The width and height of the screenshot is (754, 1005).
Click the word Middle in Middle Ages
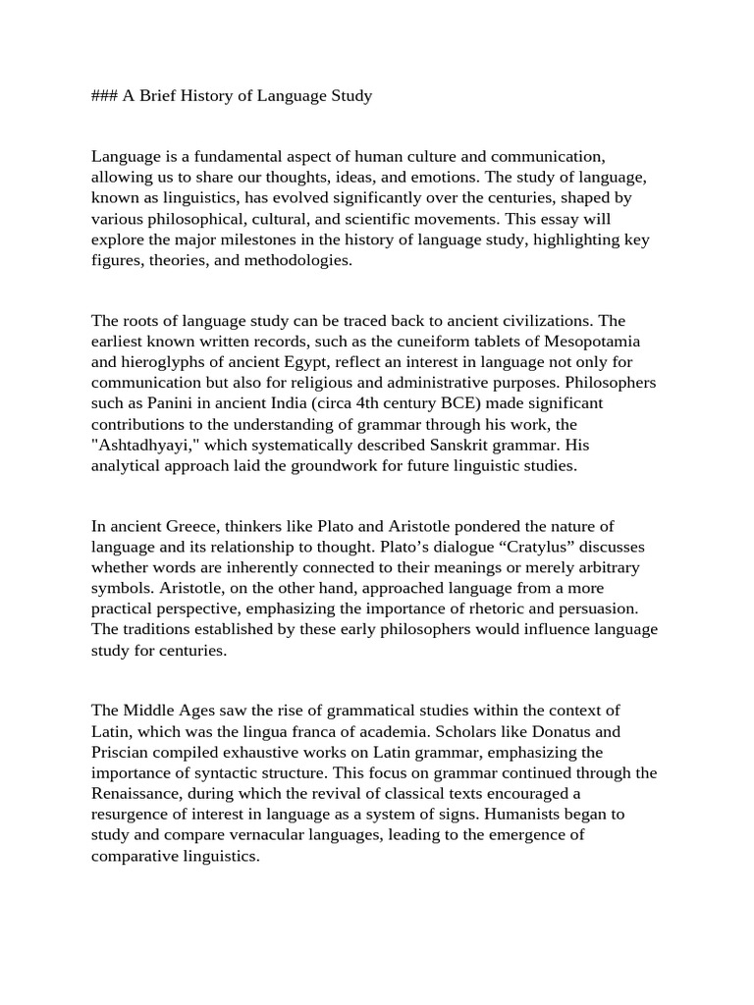[x=149, y=710]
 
